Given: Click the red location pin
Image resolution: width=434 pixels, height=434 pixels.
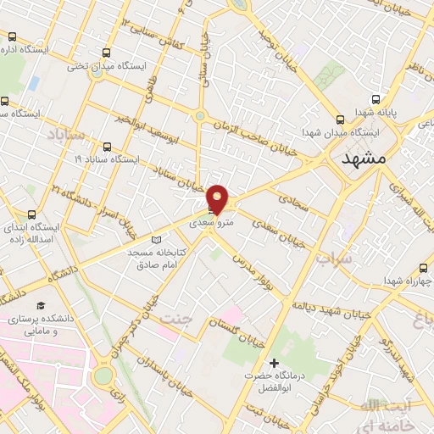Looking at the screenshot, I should tap(218, 198).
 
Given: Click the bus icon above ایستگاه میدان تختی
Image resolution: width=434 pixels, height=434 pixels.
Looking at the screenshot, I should tap(105, 50).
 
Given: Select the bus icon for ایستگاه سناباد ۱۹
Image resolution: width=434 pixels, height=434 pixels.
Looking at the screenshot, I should tap(107, 145).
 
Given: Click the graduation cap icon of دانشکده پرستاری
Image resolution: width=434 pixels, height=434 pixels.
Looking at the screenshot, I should tap(38, 303).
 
